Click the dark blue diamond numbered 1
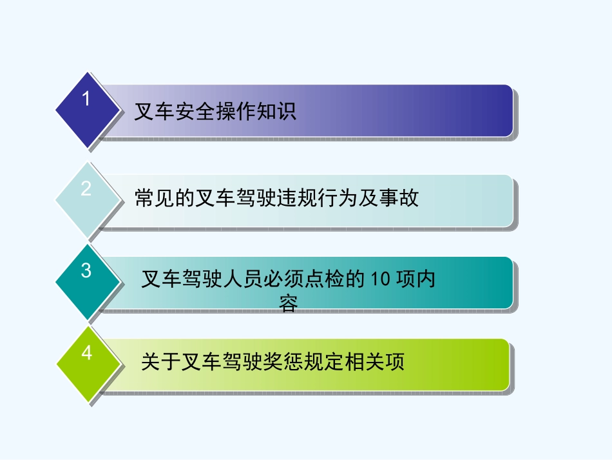point(88,109)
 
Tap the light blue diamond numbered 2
point(88,199)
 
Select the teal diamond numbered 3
point(88,281)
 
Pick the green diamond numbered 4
point(88,363)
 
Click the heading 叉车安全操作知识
point(215,112)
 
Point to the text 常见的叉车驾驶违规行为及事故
point(277,198)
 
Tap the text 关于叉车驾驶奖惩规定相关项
point(273,362)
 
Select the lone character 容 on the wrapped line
point(289,304)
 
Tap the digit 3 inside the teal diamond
point(86,271)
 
